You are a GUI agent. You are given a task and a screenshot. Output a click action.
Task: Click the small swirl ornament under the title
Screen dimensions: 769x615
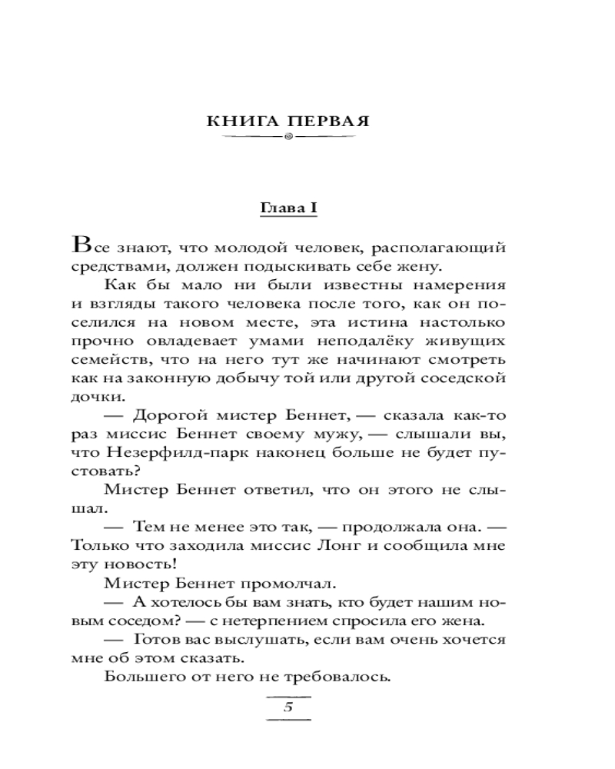point(288,138)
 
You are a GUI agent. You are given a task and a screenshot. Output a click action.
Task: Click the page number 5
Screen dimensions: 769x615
point(288,708)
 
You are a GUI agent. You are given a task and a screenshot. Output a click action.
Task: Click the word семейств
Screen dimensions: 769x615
point(104,360)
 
